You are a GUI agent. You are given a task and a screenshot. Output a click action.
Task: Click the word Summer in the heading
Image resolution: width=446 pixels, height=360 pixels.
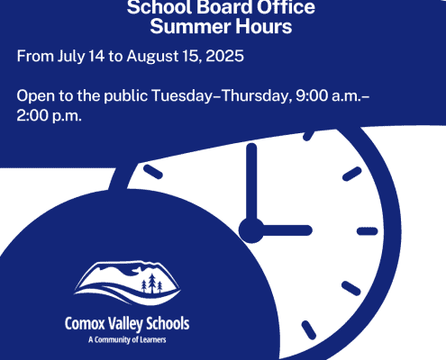[190, 26]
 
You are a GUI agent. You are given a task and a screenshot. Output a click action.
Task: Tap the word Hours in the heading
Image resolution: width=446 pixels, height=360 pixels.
[263, 26]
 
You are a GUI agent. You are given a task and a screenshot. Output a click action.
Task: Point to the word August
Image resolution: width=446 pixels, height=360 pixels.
[152, 57]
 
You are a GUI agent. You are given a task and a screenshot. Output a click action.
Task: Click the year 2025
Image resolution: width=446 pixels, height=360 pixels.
[224, 56]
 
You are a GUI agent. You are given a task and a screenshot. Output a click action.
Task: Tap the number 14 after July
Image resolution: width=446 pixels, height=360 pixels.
[96, 56]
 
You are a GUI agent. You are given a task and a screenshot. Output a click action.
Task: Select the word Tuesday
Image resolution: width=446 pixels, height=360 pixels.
[182, 96]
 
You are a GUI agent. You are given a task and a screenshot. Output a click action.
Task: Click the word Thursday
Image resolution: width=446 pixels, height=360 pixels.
[254, 96]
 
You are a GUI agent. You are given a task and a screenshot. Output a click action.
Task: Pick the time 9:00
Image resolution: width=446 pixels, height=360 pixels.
[312, 95]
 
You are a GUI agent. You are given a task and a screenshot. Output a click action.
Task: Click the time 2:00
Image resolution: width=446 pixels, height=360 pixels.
[32, 115]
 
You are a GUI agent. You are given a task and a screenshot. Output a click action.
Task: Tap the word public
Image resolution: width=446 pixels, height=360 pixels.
[126, 96]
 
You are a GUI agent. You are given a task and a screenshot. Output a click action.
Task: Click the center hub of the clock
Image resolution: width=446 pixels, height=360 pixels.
[251, 230]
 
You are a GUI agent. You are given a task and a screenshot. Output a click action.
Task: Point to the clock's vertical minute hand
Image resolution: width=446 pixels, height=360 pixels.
[251, 183]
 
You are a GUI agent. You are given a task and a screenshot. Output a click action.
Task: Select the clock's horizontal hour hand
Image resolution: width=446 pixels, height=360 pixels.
[287, 230]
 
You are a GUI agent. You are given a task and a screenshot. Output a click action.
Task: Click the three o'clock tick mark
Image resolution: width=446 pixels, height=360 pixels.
[368, 231]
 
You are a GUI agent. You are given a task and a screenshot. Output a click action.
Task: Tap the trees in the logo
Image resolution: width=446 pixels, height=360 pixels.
[151, 283]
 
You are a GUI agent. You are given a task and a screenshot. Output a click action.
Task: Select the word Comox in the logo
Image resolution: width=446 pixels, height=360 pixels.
[85, 324]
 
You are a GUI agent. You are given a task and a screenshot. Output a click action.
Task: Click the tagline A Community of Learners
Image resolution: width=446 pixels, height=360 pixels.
[127, 340]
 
